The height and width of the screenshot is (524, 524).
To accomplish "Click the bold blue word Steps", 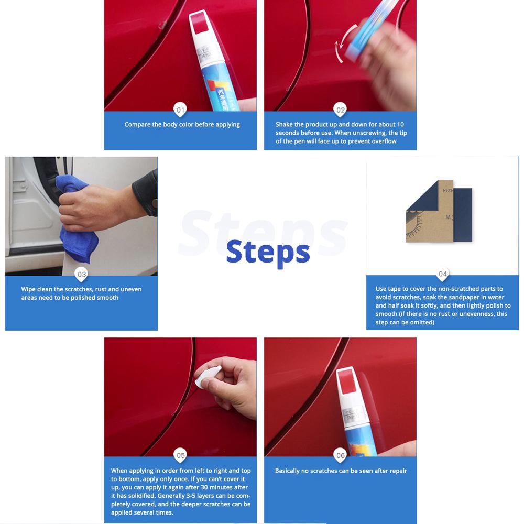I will pyautogui.click(x=268, y=253).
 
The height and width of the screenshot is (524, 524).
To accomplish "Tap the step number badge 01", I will pyautogui.click(x=181, y=110).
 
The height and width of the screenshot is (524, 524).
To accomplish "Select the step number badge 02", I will pyautogui.click(x=341, y=110).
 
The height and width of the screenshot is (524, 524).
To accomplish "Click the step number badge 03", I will pyautogui.click(x=82, y=274).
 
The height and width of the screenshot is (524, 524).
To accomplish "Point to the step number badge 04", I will pyautogui.click(x=443, y=274).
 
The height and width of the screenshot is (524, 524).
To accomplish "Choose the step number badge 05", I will pyautogui.click(x=181, y=455).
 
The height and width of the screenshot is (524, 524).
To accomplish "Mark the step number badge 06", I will pyautogui.click(x=341, y=455).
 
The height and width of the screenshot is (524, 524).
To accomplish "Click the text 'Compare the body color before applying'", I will pyautogui.click(x=182, y=125).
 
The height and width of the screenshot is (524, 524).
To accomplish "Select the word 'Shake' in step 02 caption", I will pyautogui.click(x=283, y=125).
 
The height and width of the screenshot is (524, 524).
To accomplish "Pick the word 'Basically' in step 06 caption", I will pyautogui.click(x=288, y=471).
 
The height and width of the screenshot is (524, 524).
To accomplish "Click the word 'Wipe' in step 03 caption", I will pyautogui.click(x=28, y=289).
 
